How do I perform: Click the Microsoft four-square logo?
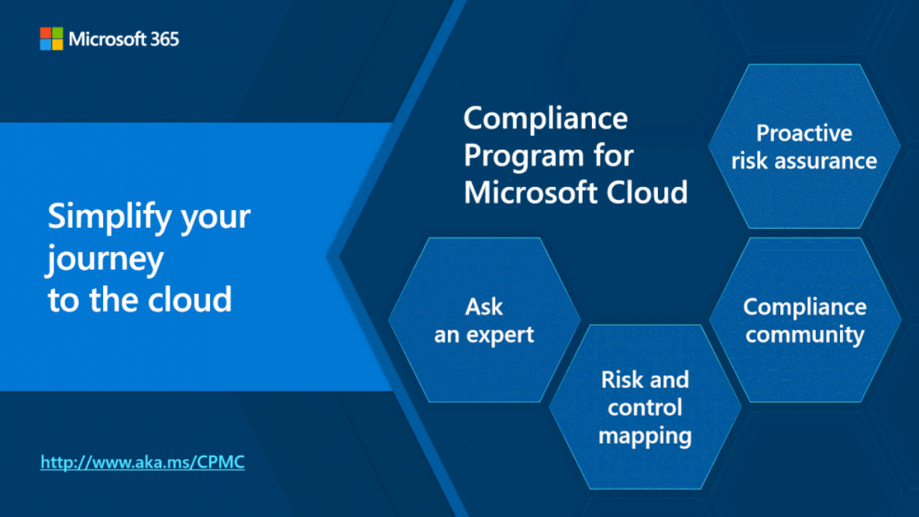pos(52,39)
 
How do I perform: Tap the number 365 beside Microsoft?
pos(165,40)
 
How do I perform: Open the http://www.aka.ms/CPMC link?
pos(143,462)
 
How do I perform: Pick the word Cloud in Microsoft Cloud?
pos(647,192)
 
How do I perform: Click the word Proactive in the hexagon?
pos(804,133)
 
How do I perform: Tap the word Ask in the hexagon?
pos(484,307)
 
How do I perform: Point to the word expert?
pos(500,336)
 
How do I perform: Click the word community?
pos(805,335)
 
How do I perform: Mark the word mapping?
pos(645,436)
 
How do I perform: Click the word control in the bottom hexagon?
pos(645,408)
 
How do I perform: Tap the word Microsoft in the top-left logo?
pos(107,40)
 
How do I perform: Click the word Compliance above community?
pos(805,308)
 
